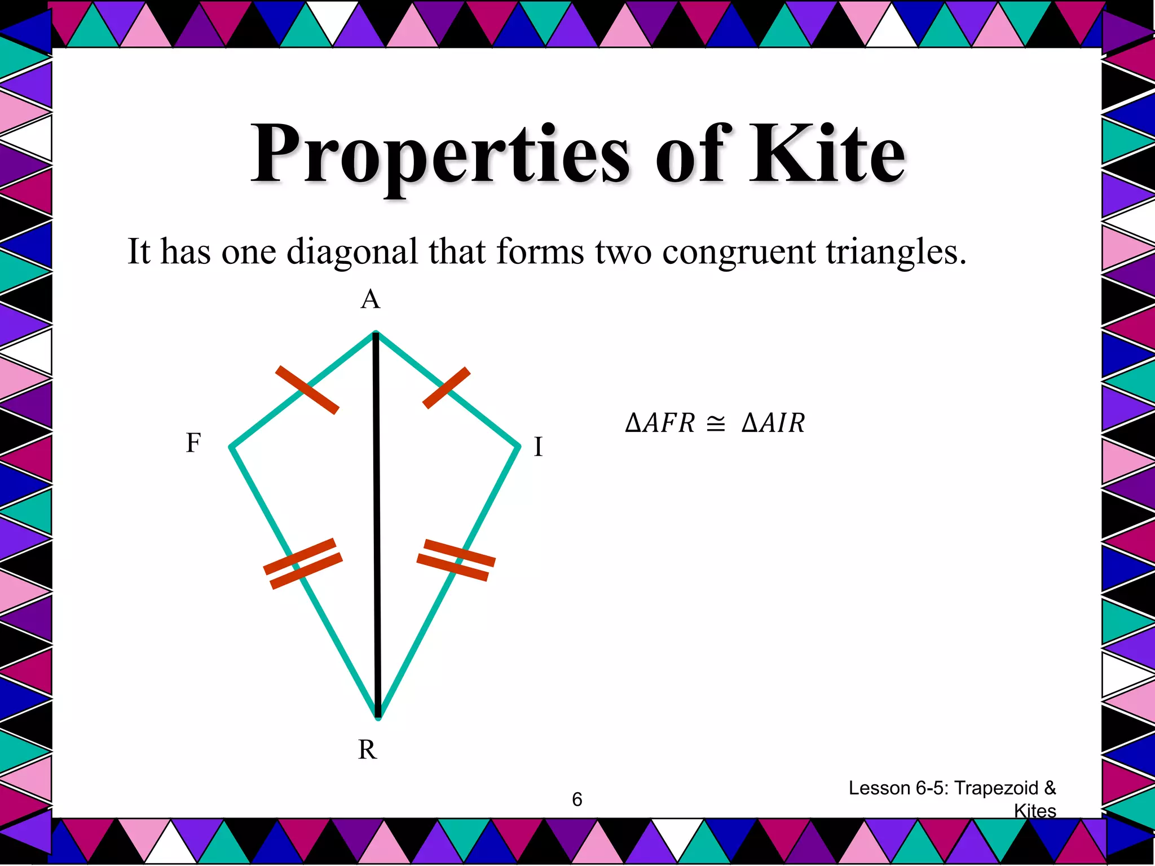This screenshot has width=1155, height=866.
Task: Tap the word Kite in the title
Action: pyautogui.click(x=827, y=153)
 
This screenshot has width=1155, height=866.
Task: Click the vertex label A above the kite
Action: pyautogui.click(x=371, y=299)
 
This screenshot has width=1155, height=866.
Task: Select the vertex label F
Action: pyautogui.click(x=193, y=443)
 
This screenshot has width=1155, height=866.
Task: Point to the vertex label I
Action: pyautogui.click(x=538, y=447)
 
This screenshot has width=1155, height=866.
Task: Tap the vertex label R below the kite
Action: pyautogui.click(x=367, y=750)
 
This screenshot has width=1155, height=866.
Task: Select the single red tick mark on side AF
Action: pyautogui.click(x=307, y=390)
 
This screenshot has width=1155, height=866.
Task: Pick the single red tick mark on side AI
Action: pyautogui.click(x=446, y=387)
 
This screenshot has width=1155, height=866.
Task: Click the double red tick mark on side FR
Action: pyautogui.click(x=303, y=564)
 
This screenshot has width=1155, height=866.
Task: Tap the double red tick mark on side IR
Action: pyautogui.click(x=456, y=560)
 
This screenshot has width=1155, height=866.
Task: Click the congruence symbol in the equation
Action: pyautogui.click(x=716, y=423)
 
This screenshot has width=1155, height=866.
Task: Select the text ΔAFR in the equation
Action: pyautogui.click(x=660, y=423)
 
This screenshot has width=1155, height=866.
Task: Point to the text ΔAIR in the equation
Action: pyautogui.click(x=773, y=423)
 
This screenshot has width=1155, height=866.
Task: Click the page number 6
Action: pyautogui.click(x=577, y=799)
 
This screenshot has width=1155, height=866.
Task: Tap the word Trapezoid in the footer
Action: pyautogui.click(x=997, y=788)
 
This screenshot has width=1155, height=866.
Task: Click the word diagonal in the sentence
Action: pyautogui.click(x=352, y=252)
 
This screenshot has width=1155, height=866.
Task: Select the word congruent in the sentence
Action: pyautogui.click(x=738, y=252)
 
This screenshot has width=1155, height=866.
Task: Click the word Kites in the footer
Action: pyautogui.click(x=1035, y=811)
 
